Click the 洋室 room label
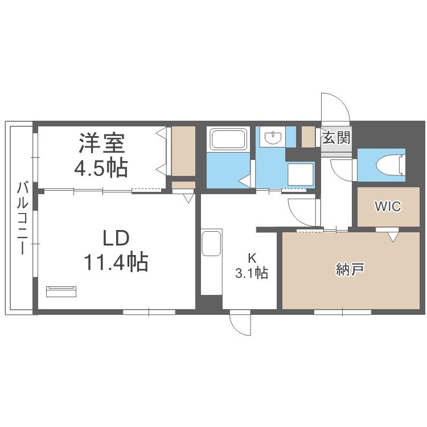102,143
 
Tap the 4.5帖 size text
101,168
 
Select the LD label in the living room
116,239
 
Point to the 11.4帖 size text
116,262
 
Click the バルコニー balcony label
22,219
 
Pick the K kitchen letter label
252,257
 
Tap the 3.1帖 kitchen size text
252,273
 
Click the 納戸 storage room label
350,269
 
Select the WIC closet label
388,207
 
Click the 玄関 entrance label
336,137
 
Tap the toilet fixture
389,165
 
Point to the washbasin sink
273,137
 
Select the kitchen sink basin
211,244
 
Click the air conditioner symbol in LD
61,291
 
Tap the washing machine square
301,174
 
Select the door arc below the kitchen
236,327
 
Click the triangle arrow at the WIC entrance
392,237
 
